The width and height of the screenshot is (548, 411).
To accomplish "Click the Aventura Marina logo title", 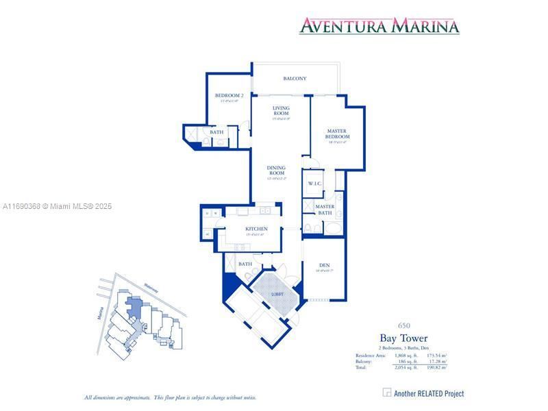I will tap(379, 26).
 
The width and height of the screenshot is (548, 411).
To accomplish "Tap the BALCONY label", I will tap(295, 79).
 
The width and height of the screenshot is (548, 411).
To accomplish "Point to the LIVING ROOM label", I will tap(281, 110).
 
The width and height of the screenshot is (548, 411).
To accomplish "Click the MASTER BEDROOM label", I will tap(336, 134).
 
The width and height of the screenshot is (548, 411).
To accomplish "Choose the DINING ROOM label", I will tap(276, 170).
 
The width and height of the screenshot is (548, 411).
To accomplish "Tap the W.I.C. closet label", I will tap(314, 184).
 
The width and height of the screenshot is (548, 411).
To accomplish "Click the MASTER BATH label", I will tap(325, 210).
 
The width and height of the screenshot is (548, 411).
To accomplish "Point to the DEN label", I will tap(325, 266).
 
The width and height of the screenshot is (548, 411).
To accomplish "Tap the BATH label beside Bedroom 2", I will tap(216, 132).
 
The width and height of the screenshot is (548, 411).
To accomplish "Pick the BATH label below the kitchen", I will tap(245, 264).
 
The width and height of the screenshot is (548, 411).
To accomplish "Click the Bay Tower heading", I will tap(403, 338).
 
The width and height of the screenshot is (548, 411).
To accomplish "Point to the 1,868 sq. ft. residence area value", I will tap(406, 356).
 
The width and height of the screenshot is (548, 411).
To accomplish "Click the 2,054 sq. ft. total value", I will tap(406, 368).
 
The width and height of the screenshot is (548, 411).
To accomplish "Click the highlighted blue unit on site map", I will tap(134, 307).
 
